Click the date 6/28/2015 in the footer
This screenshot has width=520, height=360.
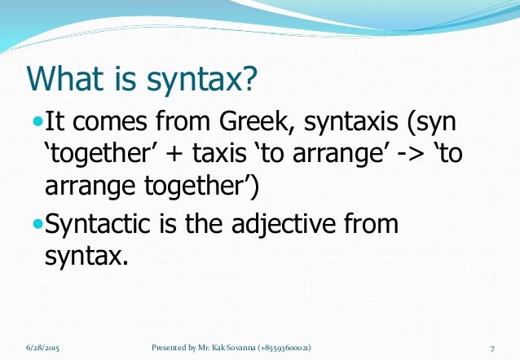click(42, 348)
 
